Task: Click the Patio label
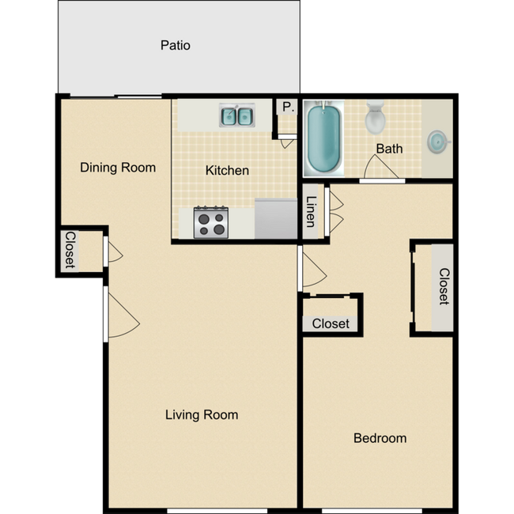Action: pos(175,45)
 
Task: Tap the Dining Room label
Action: pos(118,168)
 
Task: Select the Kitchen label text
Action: pos(227,170)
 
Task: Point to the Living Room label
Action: pos(202,414)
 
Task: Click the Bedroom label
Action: pos(380,438)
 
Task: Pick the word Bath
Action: pos(389,149)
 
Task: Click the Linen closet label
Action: pos(312,211)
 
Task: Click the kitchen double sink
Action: pos(236,117)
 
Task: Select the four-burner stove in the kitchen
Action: pos(211,221)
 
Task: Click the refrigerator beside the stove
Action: pos(275,217)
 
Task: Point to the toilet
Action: pos(375,119)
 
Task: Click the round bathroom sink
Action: pos(437,142)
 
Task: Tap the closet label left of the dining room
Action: pos(70,250)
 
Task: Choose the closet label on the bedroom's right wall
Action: pos(444,287)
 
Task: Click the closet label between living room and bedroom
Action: pos(331,323)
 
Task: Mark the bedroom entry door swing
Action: pos(312,270)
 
